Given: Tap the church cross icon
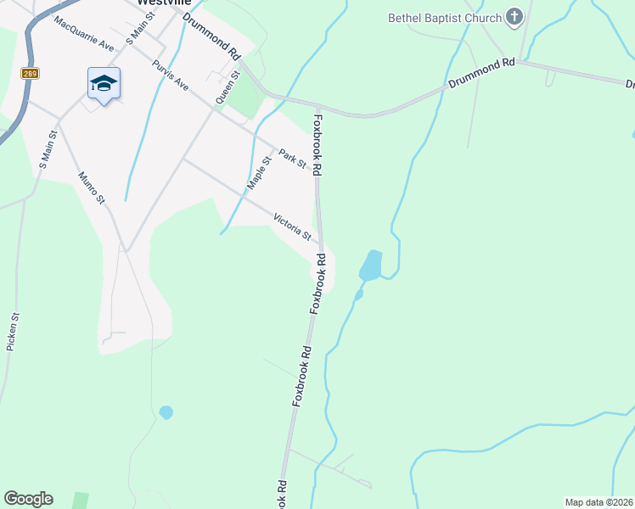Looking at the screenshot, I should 514,16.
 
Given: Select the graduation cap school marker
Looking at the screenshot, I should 104,83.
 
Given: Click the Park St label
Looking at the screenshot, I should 291,159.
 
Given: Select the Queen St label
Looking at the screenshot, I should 227,87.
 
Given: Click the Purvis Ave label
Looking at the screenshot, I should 170,75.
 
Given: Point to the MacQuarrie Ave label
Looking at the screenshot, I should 83,33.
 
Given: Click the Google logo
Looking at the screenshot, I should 28,499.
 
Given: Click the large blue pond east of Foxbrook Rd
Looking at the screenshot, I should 371,266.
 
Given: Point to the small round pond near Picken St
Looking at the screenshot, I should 166,412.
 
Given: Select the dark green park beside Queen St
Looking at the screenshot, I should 247,98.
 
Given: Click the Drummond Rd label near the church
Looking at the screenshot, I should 481,74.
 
